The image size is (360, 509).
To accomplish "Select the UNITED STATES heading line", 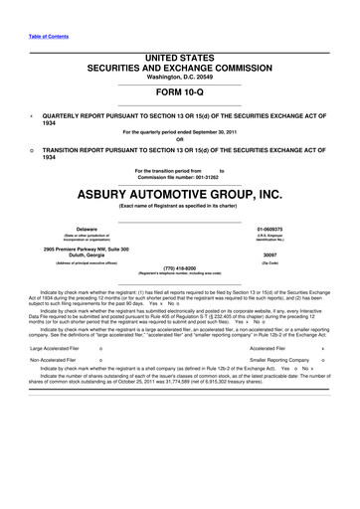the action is [180, 59].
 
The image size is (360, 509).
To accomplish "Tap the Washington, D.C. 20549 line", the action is [180, 77].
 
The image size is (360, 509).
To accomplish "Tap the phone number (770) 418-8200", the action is [180, 266].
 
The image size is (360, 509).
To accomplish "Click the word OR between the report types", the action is [180, 138].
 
